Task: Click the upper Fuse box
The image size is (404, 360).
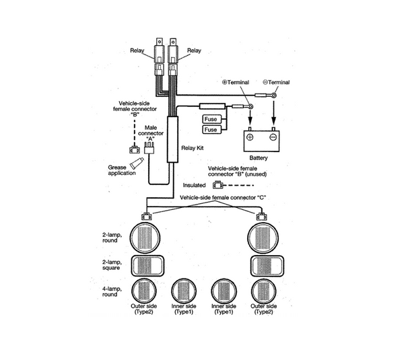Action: (x=212, y=119)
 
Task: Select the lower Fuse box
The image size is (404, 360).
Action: (x=212, y=129)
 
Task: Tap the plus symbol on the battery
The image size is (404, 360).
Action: (x=250, y=137)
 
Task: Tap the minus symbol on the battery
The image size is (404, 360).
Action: (x=273, y=137)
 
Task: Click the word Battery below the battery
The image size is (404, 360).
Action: (x=259, y=158)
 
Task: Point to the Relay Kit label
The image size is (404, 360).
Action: (x=193, y=148)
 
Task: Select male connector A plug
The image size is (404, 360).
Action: (x=149, y=147)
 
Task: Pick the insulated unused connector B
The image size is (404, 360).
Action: (x=217, y=184)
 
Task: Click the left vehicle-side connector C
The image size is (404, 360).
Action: (x=147, y=216)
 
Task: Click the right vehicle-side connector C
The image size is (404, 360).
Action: (x=261, y=216)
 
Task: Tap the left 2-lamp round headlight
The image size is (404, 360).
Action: (x=145, y=238)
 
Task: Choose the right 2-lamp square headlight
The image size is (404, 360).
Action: (x=267, y=266)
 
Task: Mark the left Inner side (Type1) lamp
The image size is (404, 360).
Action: (x=184, y=291)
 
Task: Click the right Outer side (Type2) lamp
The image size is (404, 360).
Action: (x=263, y=291)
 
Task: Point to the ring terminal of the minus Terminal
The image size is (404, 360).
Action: (x=274, y=96)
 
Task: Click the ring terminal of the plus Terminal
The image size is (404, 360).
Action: (x=250, y=106)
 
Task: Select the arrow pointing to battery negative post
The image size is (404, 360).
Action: (x=273, y=113)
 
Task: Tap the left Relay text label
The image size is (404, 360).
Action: (x=137, y=50)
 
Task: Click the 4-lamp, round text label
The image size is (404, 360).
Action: (x=112, y=291)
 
